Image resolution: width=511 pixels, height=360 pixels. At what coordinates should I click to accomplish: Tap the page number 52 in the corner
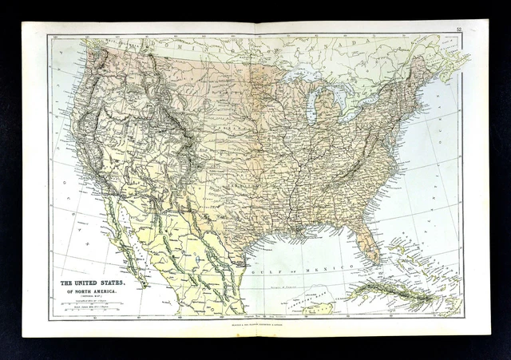click(x=459, y=30)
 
